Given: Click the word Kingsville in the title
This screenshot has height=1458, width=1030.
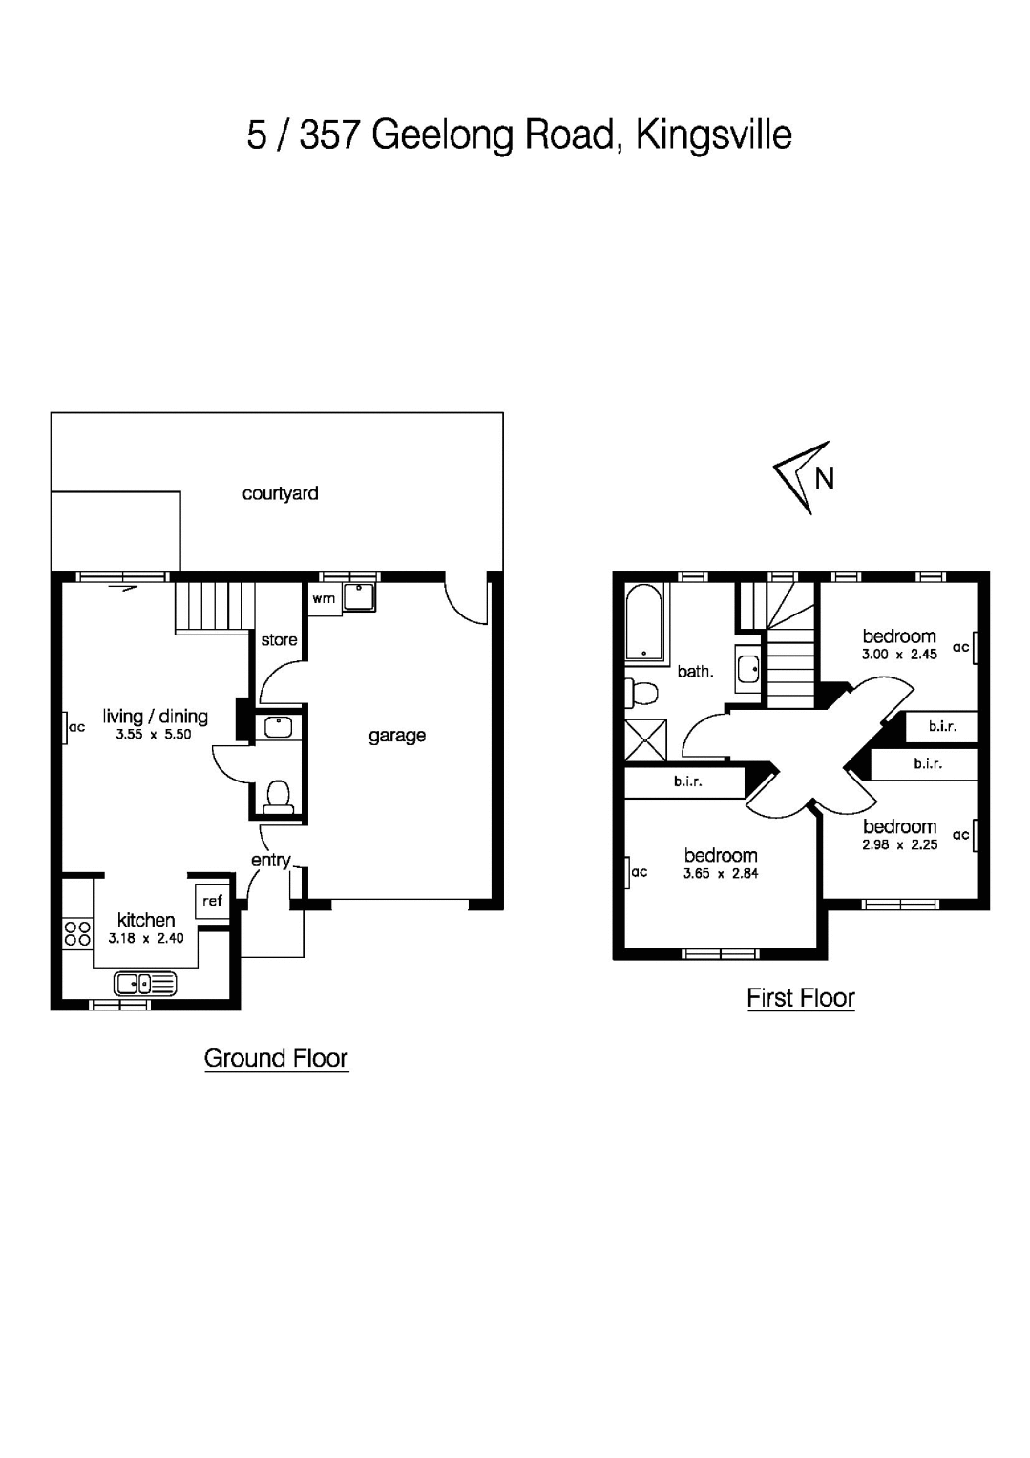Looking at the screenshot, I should coord(713,135).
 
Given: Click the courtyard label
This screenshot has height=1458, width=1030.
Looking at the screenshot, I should coord(280,493).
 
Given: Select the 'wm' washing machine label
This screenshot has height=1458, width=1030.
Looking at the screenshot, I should coord(324,598).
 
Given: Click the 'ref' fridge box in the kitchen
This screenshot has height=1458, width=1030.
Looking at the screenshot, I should coord(212,901).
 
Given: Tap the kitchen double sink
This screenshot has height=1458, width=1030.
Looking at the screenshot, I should coord(145,982).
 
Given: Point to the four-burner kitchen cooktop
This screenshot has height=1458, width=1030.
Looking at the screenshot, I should coord(77,933).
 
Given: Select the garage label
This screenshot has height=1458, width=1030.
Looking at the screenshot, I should coord(397,736).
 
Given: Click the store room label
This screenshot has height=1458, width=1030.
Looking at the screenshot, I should coord(279,640).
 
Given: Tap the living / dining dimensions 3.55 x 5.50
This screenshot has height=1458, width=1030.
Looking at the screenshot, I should coord(153,735).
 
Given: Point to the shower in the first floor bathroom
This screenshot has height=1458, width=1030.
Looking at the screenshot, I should coord(646,740).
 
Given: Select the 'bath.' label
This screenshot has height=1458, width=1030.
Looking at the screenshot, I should coord(695,672).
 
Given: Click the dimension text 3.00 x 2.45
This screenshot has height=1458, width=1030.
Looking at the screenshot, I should coord(899,655).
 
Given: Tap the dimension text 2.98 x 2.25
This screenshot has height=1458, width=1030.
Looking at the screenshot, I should coord(899,844).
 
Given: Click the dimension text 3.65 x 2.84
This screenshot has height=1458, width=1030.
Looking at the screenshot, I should coord(720,873).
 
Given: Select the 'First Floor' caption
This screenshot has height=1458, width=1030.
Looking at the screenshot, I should coord(800,998).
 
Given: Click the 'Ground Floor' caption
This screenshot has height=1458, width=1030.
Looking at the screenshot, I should coord(276,1058).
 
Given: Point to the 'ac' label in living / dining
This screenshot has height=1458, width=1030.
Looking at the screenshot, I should coord(76,728).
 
